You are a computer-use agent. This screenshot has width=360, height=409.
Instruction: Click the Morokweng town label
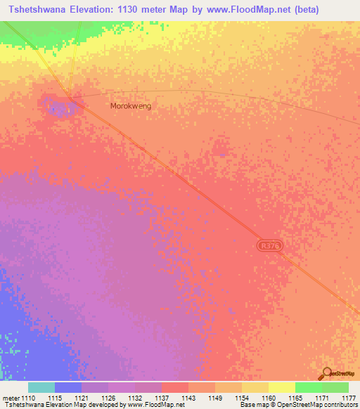point(131,106)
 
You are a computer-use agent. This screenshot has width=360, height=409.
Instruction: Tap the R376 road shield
point(269,245)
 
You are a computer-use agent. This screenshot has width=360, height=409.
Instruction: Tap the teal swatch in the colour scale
point(41,387)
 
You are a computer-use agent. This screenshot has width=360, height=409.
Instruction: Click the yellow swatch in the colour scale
point(281,387)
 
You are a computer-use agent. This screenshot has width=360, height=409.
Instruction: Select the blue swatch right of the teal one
point(68,387)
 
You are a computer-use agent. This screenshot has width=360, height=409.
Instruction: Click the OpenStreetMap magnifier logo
point(326,374)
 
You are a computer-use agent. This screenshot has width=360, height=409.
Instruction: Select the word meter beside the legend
point(11,397)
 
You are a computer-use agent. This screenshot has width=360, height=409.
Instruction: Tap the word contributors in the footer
point(338,405)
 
